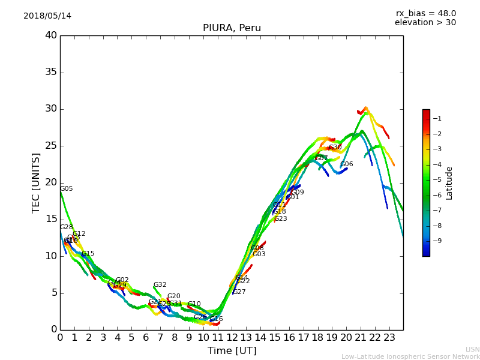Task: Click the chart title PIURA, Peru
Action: (232, 28)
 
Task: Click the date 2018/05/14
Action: (47, 16)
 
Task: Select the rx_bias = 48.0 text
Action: (425, 14)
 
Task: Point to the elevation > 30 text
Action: (425, 23)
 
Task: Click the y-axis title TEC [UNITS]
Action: (36, 183)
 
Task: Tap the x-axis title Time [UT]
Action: (232, 350)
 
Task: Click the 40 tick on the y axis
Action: (51, 35)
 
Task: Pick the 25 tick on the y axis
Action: (51, 146)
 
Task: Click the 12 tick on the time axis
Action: (232, 337)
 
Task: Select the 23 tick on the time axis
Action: (389, 337)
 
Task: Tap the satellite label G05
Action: (67, 189)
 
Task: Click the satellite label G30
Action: (335, 148)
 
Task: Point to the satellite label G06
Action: (347, 164)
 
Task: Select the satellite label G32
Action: (160, 285)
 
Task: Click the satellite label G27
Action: (239, 292)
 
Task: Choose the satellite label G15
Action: (88, 254)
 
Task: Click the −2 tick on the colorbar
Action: (437, 134)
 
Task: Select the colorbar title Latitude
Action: (449, 183)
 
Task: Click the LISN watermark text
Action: (473, 349)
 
